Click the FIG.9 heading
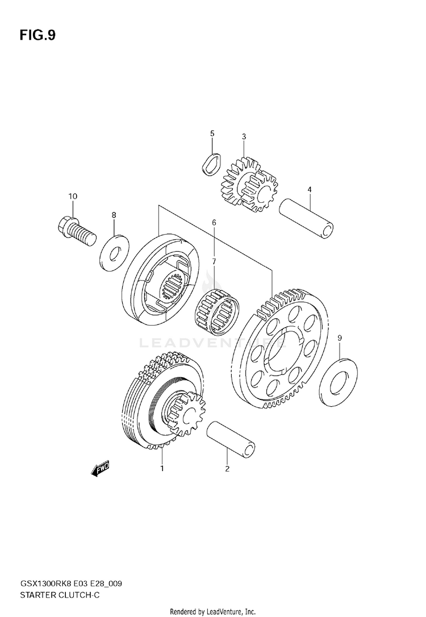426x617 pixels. tap(37, 36)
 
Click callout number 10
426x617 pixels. tap(73, 197)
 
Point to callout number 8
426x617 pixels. tap(114, 215)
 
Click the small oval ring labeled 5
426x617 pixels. tap(211, 163)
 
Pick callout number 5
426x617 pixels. tap(212, 134)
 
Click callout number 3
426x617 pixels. tap(244, 136)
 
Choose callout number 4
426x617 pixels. tap(310, 189)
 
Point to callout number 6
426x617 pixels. tap(214, 223)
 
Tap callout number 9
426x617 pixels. tap(340, 339)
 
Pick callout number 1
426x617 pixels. tap(162, 469)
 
